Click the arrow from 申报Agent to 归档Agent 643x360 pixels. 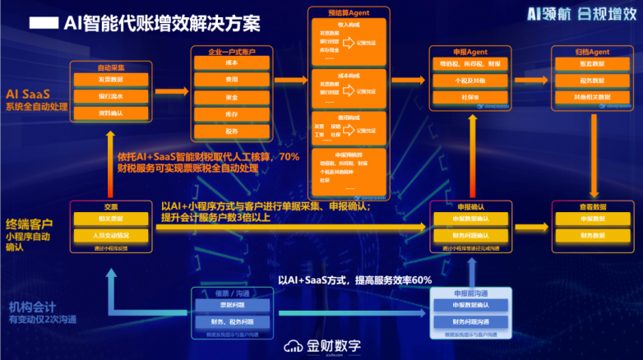tap(534, 80)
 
